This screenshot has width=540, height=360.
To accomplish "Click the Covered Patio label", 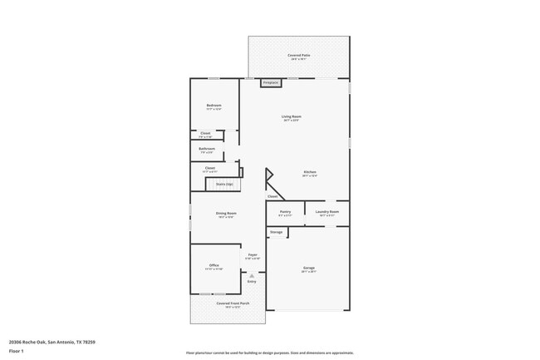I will (299, 56).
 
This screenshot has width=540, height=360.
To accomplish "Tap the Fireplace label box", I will (271, 82).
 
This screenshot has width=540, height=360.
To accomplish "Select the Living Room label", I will (291, 117).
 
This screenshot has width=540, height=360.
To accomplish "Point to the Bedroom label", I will (214, 106).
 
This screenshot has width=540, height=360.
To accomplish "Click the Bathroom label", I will (207, 150).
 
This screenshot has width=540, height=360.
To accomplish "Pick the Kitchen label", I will (309, 173).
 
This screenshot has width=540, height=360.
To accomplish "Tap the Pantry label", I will (285, 212).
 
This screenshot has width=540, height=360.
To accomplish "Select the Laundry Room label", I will (327, 212).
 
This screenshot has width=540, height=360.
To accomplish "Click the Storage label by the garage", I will (276, 232).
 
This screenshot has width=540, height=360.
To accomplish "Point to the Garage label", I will (308, 269).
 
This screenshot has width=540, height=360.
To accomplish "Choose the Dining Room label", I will (226, 215).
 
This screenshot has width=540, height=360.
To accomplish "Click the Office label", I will (214, 266).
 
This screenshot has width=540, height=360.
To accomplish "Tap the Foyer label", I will (253, 255).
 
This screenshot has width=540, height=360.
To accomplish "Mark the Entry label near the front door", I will (252, 282).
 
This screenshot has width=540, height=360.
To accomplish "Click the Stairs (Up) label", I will (224, 185).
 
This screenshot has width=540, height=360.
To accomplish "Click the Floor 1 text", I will (17, 352).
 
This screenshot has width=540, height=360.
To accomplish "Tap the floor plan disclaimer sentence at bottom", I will (269, 353).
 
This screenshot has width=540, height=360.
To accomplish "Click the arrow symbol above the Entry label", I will (252, 275).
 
